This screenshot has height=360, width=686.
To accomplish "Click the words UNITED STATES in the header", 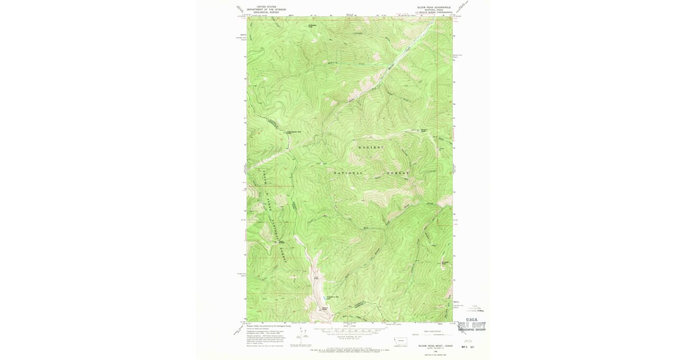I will [x=266, y=7].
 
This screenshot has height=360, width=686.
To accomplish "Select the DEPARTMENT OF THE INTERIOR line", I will [x=266, y=10].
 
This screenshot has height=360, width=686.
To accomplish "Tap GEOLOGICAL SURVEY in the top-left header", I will [x=266, y=13].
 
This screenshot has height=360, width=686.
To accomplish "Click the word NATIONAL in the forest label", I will [x=348, y=173].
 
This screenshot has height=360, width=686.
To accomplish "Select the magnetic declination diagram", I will [x=297, y=339].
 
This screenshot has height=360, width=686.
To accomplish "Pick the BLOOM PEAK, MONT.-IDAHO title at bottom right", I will [x=434, y=346].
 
